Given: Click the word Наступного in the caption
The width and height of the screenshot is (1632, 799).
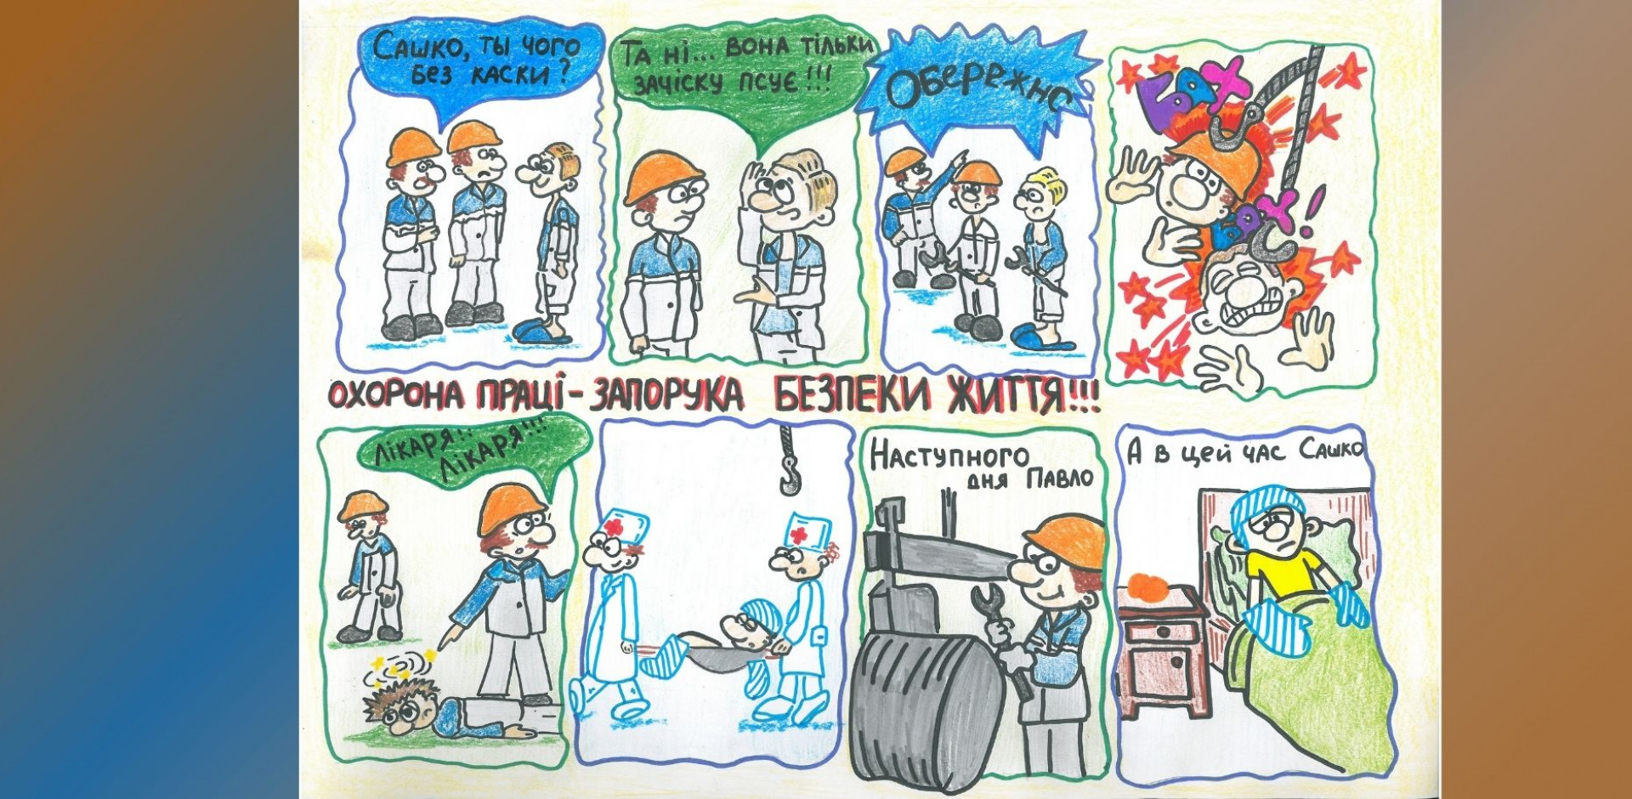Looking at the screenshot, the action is (x=949, y=456).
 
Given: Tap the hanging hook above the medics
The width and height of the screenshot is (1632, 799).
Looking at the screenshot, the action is (x=788, y=463).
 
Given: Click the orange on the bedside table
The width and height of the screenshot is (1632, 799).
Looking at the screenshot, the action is (x=1151, y=586).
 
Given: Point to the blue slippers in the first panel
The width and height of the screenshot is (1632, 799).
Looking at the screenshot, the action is (x=544, y=331).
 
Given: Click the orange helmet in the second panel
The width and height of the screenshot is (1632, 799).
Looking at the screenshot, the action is (x=663, y=177).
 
